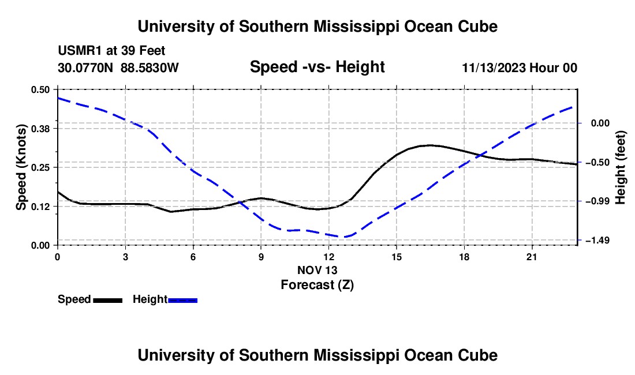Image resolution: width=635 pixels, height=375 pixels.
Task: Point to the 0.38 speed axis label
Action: [40, 129]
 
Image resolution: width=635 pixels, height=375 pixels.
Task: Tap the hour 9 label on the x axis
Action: [261, 257]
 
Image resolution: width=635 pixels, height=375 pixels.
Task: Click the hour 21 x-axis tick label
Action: [532, 257]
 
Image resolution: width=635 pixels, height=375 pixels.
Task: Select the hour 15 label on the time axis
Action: [397, 257]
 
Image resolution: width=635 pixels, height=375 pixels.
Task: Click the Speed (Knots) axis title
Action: [21, 167]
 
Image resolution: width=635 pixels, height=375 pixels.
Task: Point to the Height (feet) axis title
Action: [621, 167]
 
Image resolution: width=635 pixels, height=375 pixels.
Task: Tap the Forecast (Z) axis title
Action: [317, 285]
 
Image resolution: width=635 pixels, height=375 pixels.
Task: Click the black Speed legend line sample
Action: [108, 301]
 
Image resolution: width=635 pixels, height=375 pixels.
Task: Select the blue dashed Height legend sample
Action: [182, 301]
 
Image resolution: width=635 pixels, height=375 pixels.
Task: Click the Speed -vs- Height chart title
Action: [317, 67]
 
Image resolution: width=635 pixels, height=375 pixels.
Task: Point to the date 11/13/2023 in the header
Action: [494, 67]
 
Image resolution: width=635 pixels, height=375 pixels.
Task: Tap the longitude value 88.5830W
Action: [150, 67]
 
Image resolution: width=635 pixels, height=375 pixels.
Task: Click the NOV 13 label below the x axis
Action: [317, 270]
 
